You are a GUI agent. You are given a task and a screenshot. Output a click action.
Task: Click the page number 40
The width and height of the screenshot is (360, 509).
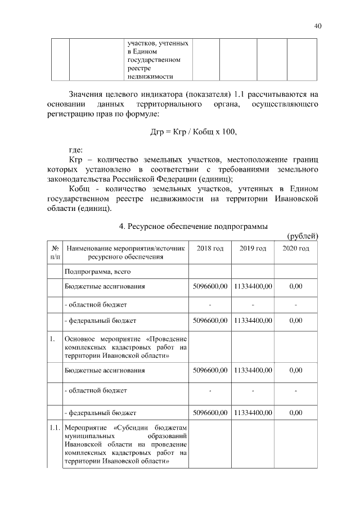click(x=318, y=26)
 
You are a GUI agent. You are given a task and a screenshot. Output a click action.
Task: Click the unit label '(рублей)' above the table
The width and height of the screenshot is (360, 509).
click(x=303, y=236)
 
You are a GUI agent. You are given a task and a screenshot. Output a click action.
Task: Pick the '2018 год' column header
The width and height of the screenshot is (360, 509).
click(x=210, y=249)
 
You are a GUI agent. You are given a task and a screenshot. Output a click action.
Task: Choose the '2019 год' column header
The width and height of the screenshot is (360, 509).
click(x=253, y=249)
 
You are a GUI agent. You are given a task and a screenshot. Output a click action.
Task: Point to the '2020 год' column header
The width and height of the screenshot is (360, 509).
click(x=295, y=249)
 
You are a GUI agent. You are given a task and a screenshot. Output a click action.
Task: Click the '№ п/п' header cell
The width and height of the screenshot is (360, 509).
click(x=55, y=253)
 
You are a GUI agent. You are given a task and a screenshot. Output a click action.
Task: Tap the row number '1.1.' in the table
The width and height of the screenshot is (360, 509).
click(x=55, y=429)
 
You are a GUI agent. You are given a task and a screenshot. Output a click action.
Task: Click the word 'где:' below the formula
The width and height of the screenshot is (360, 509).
click(x=75, y=150)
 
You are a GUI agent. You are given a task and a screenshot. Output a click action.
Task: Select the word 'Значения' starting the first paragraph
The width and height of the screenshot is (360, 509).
click(x=87, y=94)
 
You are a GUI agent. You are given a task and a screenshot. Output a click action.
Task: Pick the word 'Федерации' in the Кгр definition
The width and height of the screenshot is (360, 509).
click(x=166, y=179)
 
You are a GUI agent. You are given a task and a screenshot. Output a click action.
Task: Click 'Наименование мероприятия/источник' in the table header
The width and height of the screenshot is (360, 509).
click(x=125, y=249)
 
